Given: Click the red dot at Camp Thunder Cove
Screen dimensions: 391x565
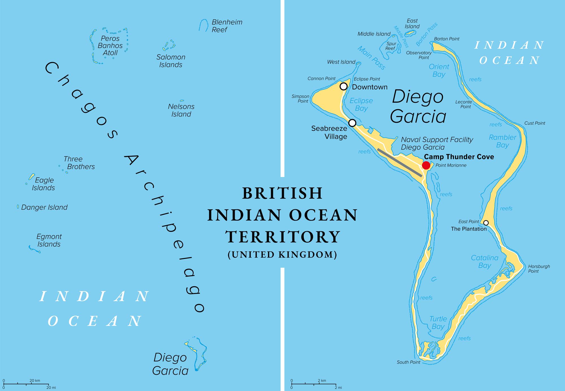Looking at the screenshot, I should click(426, 165).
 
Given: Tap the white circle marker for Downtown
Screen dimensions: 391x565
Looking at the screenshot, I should click(344, 86).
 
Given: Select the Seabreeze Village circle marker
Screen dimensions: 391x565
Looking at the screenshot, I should click(352, 123).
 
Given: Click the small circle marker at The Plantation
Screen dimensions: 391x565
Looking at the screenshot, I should click(486, 223).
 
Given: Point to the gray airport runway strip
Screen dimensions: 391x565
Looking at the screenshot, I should click(400, 163).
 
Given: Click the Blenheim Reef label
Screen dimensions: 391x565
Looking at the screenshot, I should click(227, 26).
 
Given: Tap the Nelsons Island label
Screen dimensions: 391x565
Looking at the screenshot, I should click(181, 110).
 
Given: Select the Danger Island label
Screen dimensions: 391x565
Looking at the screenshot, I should click(44, 207).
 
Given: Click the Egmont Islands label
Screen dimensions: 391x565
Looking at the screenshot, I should click(49, 240).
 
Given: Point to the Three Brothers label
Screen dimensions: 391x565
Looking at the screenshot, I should click(79, 163).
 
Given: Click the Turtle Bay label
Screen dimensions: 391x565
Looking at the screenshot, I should click(438, 323).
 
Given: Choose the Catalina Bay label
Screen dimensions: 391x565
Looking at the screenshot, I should click(484, 261).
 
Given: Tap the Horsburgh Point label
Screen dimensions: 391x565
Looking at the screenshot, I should click(539, 268).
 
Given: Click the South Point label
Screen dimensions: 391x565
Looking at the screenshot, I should click(408, 362).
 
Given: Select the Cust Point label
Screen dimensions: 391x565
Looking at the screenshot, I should click(534, 123).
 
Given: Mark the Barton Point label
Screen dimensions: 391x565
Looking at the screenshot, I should click(447, 39).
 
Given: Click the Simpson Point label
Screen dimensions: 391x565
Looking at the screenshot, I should click(300, 98).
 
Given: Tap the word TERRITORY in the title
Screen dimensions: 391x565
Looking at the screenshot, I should click(282, 237).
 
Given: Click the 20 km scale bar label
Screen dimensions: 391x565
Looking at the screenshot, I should click(35, 381).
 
